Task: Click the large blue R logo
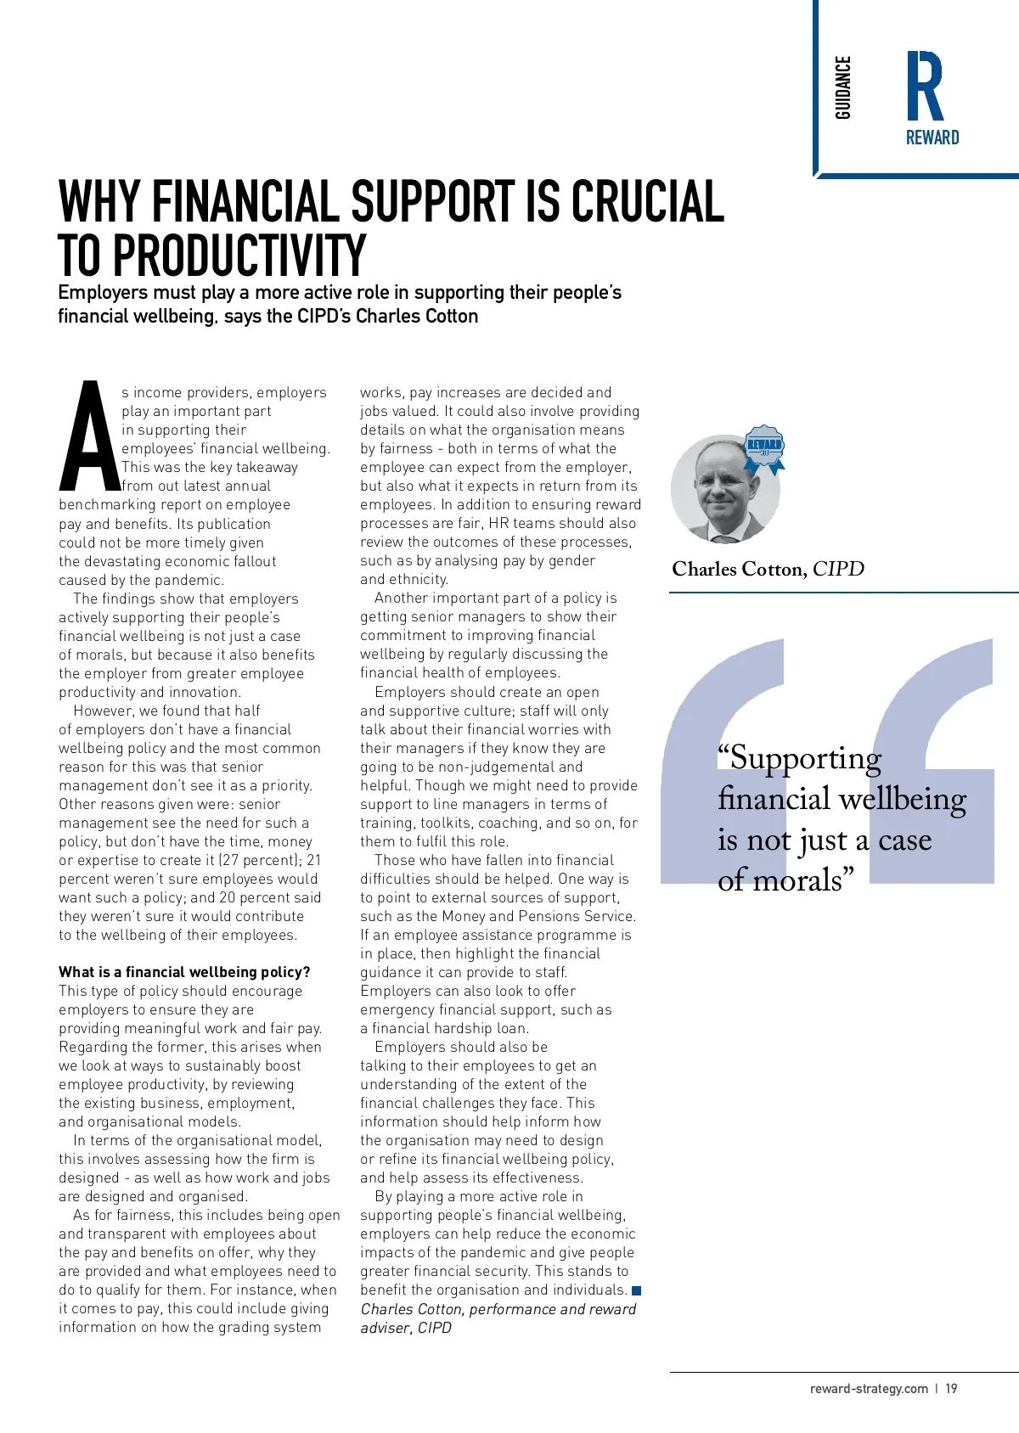tap(925, 86)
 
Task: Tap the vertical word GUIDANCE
tap(842, 87)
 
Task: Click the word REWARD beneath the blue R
tap(932, 138)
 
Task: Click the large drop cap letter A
tap(88, 438)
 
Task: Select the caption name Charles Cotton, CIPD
tap(768, 569)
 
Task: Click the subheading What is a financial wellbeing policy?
tap(184, 972)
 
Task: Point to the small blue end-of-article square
tap(637, 1290)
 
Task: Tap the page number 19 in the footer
tap(951, 1389)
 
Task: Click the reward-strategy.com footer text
tap(869, 1389)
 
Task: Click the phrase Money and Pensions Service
tap(560, 916)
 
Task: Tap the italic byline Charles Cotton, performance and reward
tap(498, 1309)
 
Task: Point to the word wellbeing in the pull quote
tap(902, 799)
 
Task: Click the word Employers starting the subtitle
tap(103, 293)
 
